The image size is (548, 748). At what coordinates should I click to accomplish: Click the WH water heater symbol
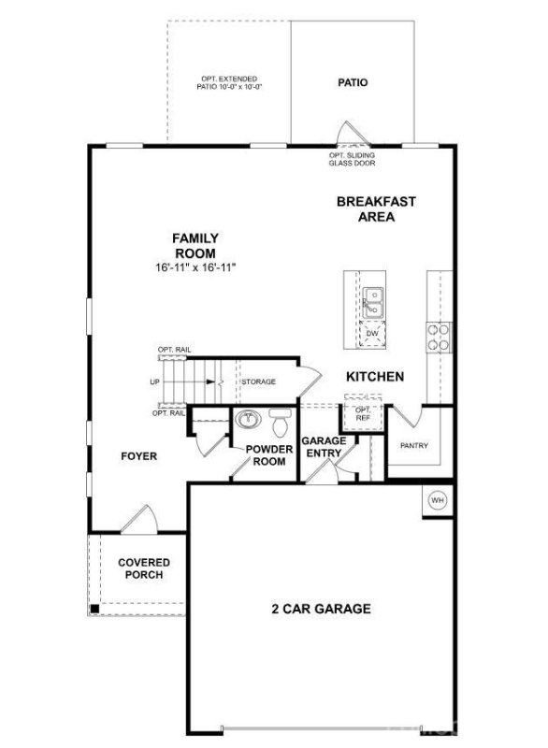point(437,501)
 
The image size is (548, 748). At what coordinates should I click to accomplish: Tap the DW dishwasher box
point(372,334)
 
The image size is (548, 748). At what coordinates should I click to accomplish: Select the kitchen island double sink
point(372,301)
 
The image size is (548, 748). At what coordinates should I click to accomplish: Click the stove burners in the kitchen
point(438,336)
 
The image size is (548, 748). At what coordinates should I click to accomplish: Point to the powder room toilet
point(280,424)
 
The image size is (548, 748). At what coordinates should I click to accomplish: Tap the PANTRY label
point(414,446)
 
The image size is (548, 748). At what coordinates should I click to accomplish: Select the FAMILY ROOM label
point(195,246)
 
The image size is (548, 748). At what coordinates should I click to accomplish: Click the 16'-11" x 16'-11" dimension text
point(195,267)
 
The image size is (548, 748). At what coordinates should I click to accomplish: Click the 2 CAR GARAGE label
point(321,609)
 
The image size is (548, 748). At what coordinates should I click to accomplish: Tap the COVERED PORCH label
point(144,568)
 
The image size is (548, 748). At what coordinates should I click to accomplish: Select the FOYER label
point(138,456)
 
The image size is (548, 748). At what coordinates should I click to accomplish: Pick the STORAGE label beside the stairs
point(259,381)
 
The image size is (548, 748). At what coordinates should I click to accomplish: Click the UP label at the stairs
point(154,381)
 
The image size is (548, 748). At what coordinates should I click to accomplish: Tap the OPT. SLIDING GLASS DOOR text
point(352,159)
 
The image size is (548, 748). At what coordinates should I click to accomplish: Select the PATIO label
point(353,82)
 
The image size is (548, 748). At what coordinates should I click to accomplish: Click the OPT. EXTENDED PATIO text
point(229,83)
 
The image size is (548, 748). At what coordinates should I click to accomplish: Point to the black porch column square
point(94,609)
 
